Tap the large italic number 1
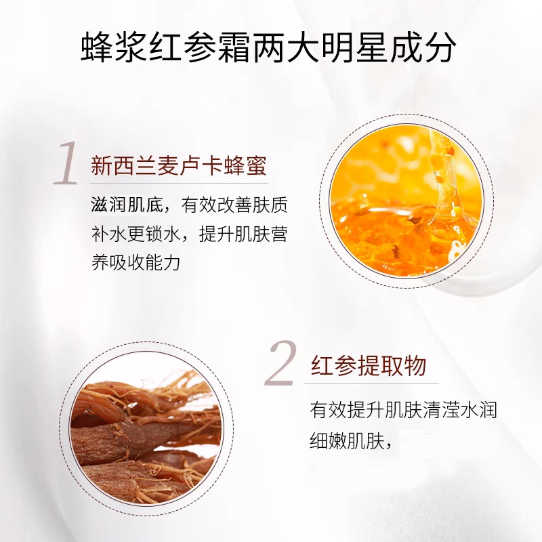66,163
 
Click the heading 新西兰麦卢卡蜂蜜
179,166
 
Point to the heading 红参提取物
369,366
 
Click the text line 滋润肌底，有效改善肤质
190,206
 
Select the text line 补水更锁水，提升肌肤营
190,234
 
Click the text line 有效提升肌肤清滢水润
403,411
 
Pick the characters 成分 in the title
421,48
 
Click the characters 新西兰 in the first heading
124,166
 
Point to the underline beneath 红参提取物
371,383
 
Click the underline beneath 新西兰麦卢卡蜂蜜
179,183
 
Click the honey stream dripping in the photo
442,180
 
